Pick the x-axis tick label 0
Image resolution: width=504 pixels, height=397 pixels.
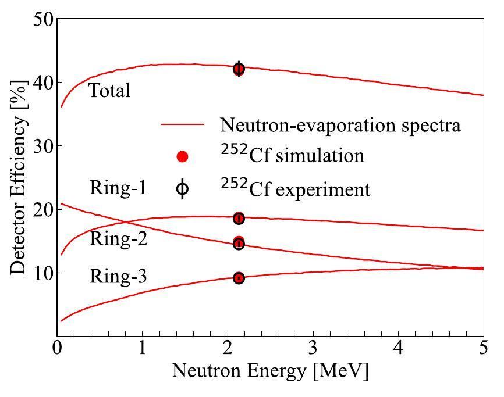tap(57, 349)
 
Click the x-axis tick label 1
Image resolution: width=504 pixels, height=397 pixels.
tap(142, 349)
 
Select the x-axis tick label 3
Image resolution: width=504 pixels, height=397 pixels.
tap(313, 349)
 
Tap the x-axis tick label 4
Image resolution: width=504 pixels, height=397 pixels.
tap(399, 349)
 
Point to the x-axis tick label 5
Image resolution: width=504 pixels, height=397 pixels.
tap(484, 349)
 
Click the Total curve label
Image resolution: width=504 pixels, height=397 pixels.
tap(109, 91)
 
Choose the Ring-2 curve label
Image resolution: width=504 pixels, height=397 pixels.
tap(118, 239)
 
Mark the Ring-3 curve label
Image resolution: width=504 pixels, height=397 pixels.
tap(118, 277)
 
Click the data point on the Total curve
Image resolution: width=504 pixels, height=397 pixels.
tap(239, 69)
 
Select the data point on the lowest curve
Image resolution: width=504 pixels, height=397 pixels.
tap(239, 278)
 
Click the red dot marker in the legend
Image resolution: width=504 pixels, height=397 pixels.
tap(182, 156)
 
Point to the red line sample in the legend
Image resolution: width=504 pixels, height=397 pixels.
tap(182, 124)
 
